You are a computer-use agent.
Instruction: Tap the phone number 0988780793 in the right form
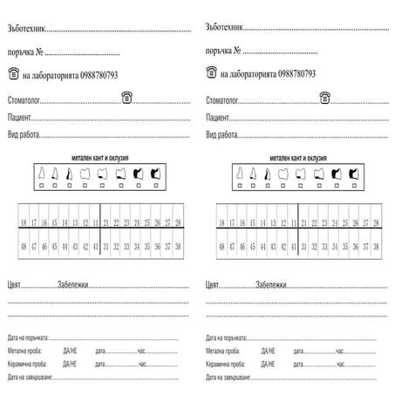289,74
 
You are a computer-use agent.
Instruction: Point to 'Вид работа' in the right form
221,135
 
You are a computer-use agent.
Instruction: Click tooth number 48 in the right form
221,247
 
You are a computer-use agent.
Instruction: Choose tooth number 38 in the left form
178,247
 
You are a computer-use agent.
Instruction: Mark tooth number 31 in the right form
303,247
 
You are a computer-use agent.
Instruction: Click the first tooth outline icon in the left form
39,173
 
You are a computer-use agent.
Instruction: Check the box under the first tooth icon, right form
238,185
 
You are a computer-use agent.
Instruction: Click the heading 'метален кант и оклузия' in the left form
99,158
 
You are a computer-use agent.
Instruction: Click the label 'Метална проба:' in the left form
23,349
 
